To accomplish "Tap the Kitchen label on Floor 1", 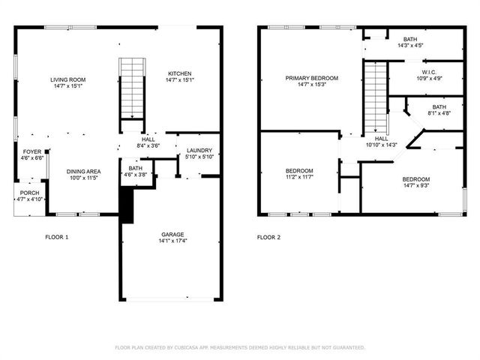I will [179, 76].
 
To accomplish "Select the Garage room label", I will [172, 237].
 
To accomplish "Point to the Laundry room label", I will [199, 153].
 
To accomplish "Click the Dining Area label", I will [83, 174].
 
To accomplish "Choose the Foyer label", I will [31, 154].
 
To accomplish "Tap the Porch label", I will [29, 196].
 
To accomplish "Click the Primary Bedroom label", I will [311, 81].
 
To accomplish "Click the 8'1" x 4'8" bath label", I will [439, 109].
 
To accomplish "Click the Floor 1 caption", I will [57, 238].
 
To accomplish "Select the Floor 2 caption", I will [268, 238].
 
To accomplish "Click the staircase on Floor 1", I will [131, 88].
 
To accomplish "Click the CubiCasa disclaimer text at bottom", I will [240, 347].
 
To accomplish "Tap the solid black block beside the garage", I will [126, 205].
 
